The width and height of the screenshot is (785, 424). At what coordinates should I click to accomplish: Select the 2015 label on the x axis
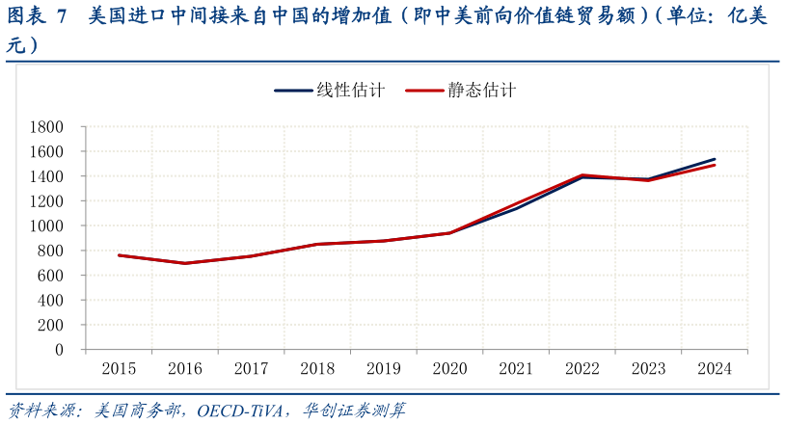point(119,369)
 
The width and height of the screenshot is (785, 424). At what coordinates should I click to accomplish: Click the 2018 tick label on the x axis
point(317,369)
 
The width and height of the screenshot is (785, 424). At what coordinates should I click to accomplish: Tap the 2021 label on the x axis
point(516,369)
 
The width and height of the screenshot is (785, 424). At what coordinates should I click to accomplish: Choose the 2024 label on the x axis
point(715,369)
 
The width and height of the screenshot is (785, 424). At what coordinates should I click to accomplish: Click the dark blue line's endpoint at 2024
point(715,159)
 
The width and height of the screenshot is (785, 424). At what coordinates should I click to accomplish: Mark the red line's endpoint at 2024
point(715,165)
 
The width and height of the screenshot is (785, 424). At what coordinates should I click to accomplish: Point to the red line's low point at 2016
point(185,263)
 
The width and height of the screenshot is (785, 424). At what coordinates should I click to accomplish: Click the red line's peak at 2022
point(582,174)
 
